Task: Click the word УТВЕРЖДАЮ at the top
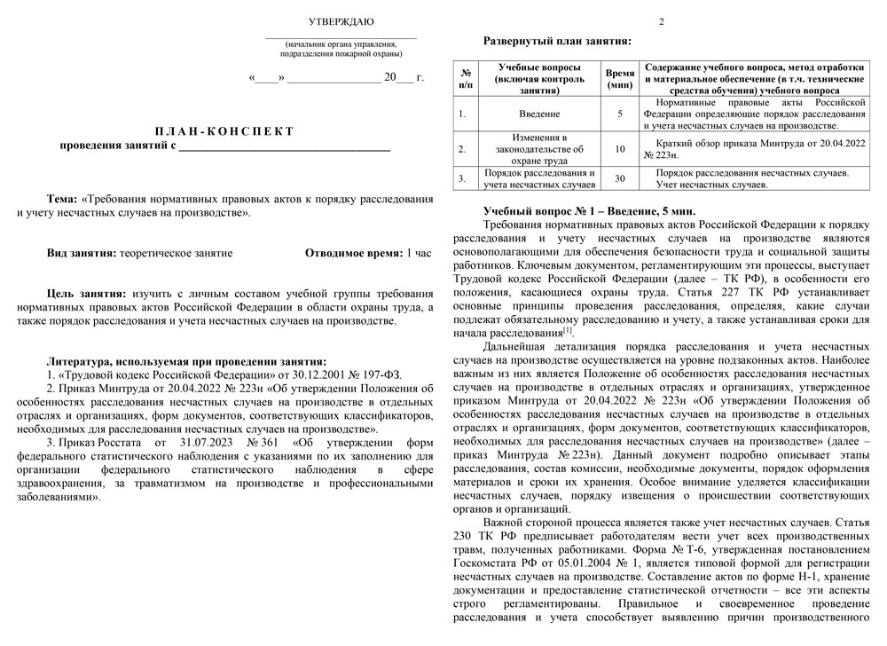click(x=341, y=21)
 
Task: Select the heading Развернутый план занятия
click(x=556, y=41)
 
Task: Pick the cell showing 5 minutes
click(x=619, y=114)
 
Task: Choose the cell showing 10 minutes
click(x=619, y=149)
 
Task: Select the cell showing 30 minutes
click(x=619, y=178)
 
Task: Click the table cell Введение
click(x=538, y=114)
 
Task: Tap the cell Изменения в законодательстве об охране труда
click(x=538, y=149)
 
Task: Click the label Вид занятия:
click(x=82, y=253)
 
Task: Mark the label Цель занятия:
click(x=86, y=292)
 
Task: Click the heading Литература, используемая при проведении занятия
click(x=185, y=361)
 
